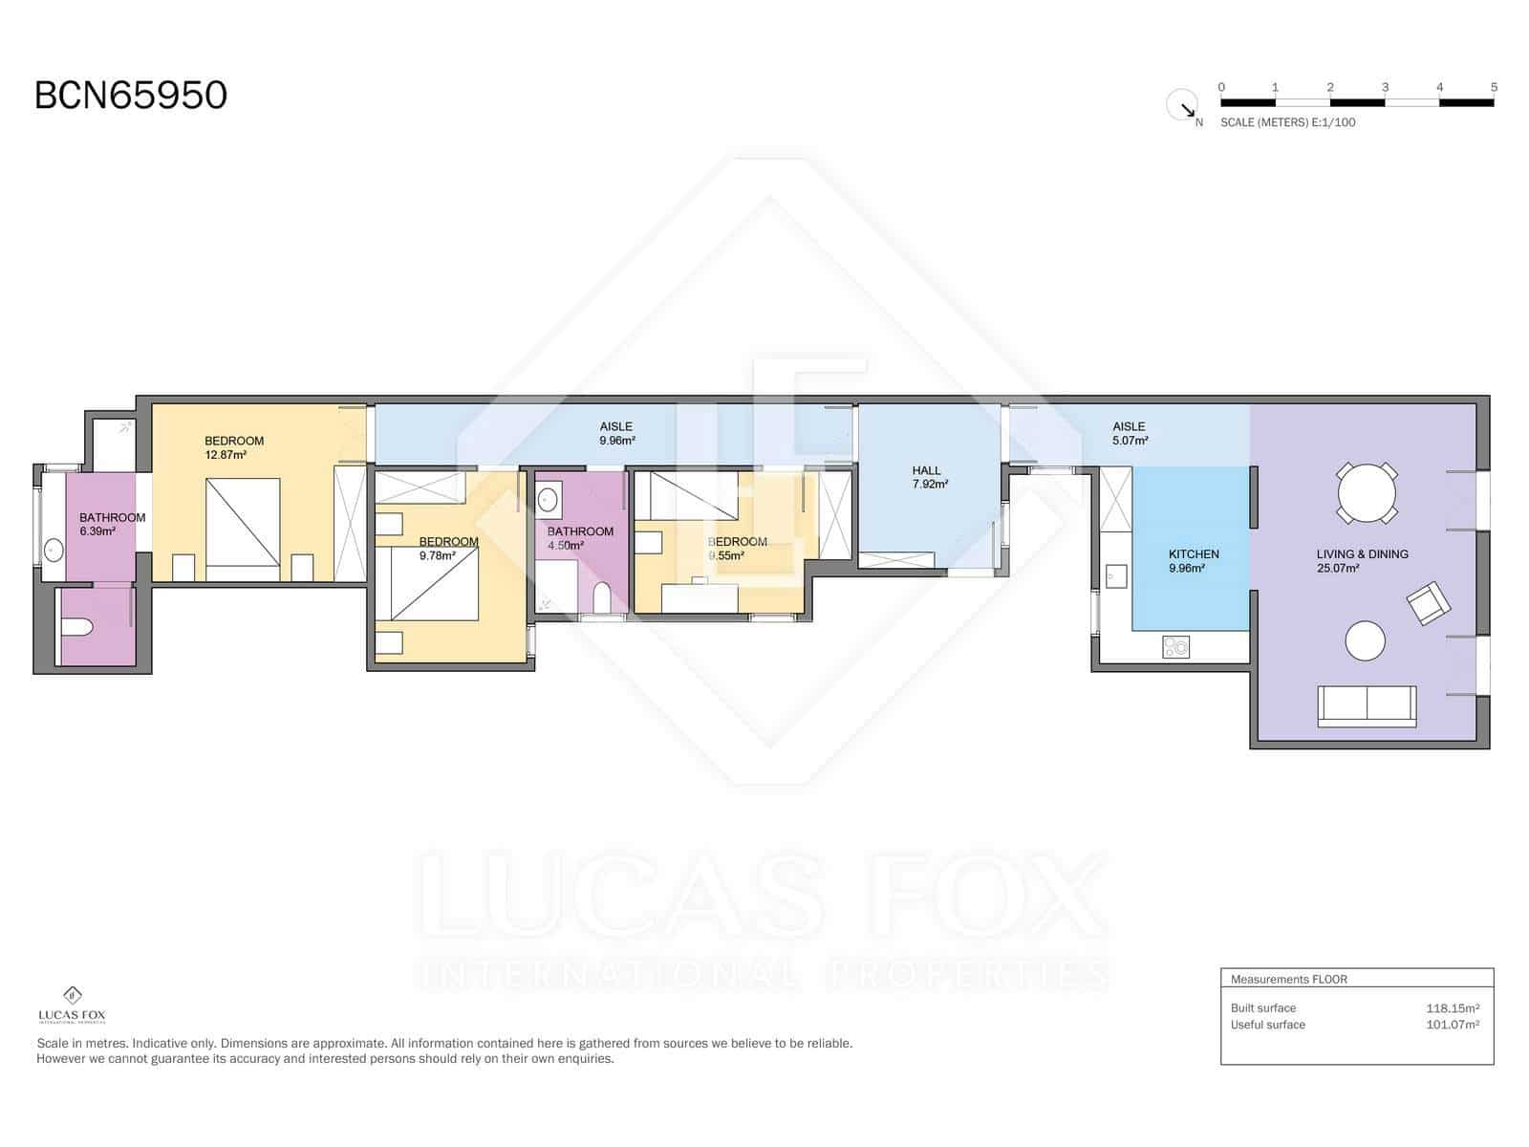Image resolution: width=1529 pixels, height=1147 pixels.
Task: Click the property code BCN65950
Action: (131, 96)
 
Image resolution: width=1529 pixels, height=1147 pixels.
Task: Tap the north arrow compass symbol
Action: (1183, 105)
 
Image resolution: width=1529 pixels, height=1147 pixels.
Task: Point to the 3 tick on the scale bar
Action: (1385, 88)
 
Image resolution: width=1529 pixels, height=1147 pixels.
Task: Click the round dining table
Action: (1367, 493)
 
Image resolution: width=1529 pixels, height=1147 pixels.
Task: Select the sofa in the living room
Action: (1367, 705)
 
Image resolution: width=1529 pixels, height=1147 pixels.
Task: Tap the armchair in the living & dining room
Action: (1428, 604)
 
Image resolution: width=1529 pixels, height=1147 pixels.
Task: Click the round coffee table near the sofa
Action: (1365, 641)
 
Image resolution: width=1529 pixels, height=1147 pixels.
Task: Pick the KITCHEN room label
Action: (1194, 554)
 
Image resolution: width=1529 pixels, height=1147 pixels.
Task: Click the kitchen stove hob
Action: (1176, 647)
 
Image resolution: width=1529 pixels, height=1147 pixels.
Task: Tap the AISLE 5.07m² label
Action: (1130, 434)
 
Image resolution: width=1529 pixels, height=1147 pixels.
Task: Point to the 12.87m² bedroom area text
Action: (226, 455)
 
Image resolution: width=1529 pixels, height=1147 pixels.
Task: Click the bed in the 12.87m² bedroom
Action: (244, 529)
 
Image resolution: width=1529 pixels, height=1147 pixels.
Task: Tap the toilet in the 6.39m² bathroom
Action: (75, 628)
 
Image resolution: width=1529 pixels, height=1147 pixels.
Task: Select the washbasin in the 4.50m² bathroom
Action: (549, 499)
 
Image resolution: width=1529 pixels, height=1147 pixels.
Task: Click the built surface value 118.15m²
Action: (1452, 1008)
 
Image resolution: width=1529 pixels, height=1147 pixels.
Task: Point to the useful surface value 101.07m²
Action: (1452, 1025)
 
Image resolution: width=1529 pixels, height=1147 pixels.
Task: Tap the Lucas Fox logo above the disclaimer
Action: (72, 1005)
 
